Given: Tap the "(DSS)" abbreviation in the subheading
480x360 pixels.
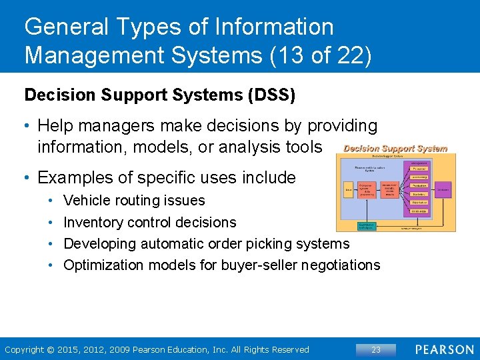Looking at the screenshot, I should click(x=271, y=95).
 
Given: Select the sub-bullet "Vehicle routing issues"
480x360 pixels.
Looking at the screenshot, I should click(x=134, y=200).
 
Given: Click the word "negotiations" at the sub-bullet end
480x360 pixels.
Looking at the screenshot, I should click(x=341, y=265).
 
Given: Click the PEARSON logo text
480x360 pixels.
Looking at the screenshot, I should click(x=445, y=349).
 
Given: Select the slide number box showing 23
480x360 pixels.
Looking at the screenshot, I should click(x=375, y=349).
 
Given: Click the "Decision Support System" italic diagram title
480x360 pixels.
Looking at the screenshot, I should click(x=395, y=148).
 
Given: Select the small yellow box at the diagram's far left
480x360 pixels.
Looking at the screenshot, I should click(x=348, y=189).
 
